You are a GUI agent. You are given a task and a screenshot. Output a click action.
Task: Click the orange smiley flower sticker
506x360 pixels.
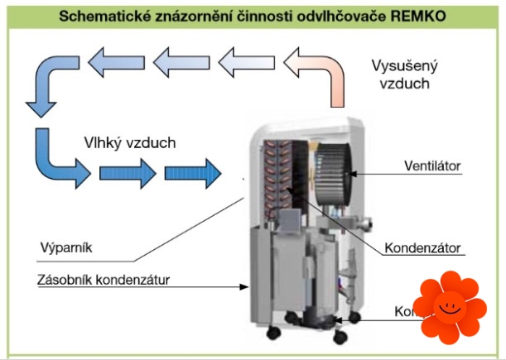point(450,308)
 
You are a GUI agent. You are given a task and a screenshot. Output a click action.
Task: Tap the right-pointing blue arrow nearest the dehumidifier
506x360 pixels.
point(194,173)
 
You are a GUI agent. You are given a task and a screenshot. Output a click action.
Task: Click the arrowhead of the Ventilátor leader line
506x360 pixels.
point(352,174)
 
